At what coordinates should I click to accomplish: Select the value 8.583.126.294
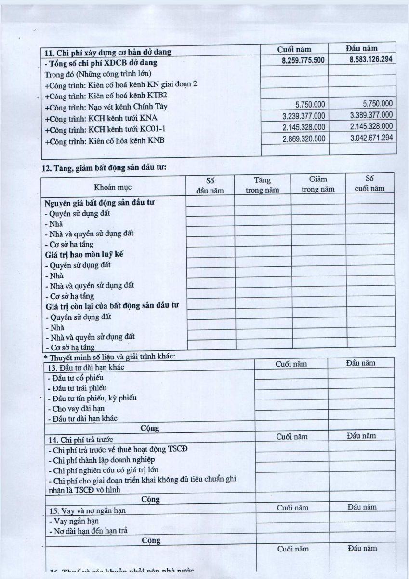coord(369,60)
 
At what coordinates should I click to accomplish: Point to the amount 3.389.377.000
coord(371,115)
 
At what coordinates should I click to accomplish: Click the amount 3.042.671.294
coord(371,138)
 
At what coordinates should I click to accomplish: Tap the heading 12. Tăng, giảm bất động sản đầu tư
coord(105,168)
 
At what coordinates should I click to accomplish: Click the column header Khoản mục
coord(113,187)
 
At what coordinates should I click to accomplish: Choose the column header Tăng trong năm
coord(263,185)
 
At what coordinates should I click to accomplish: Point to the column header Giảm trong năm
coord(318,184)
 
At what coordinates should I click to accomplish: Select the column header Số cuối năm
coord(369,184)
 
